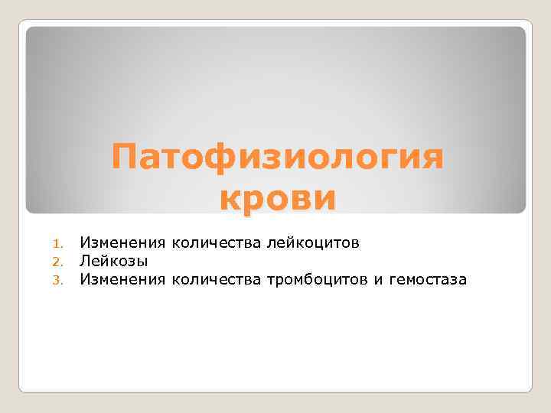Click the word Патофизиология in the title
coord(277,158)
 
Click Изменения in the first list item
coord(123,243)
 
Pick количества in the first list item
coord(217,243)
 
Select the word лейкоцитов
coord(312,243)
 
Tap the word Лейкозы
coord(114,262)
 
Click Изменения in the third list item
coord(123,280)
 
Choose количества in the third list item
coord(217,280)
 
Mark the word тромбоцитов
coord(317,280)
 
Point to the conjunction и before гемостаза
coord(378,281)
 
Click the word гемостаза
coord(427,281)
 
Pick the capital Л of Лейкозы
coord(86,262)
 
